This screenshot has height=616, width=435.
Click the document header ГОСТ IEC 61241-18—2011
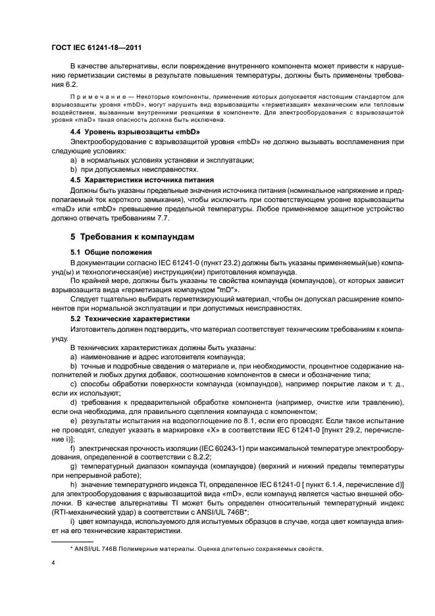click(x=96, y=48)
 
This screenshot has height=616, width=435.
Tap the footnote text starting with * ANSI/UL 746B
click(x=197, y=548)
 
